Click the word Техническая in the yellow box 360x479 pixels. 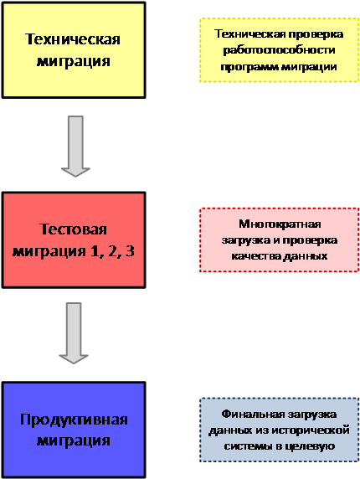coord(73,39)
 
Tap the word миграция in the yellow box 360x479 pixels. coord(74,61)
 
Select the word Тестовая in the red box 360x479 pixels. coord(74,229)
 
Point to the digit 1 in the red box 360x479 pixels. coord(95,250)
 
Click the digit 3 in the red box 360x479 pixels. coord(130,250)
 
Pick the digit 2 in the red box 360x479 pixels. coord(112,250)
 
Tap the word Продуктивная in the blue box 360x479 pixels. coord(74,420)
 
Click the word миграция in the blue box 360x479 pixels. coord(74,440)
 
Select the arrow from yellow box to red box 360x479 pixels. coord(75,147)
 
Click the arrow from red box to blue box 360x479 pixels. coord(74,333)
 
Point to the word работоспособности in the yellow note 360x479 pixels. coord(279,50)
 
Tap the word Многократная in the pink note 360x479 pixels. coord(280,224)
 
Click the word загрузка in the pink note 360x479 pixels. coord(246,240)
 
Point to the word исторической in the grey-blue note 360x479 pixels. coord(311,430)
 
